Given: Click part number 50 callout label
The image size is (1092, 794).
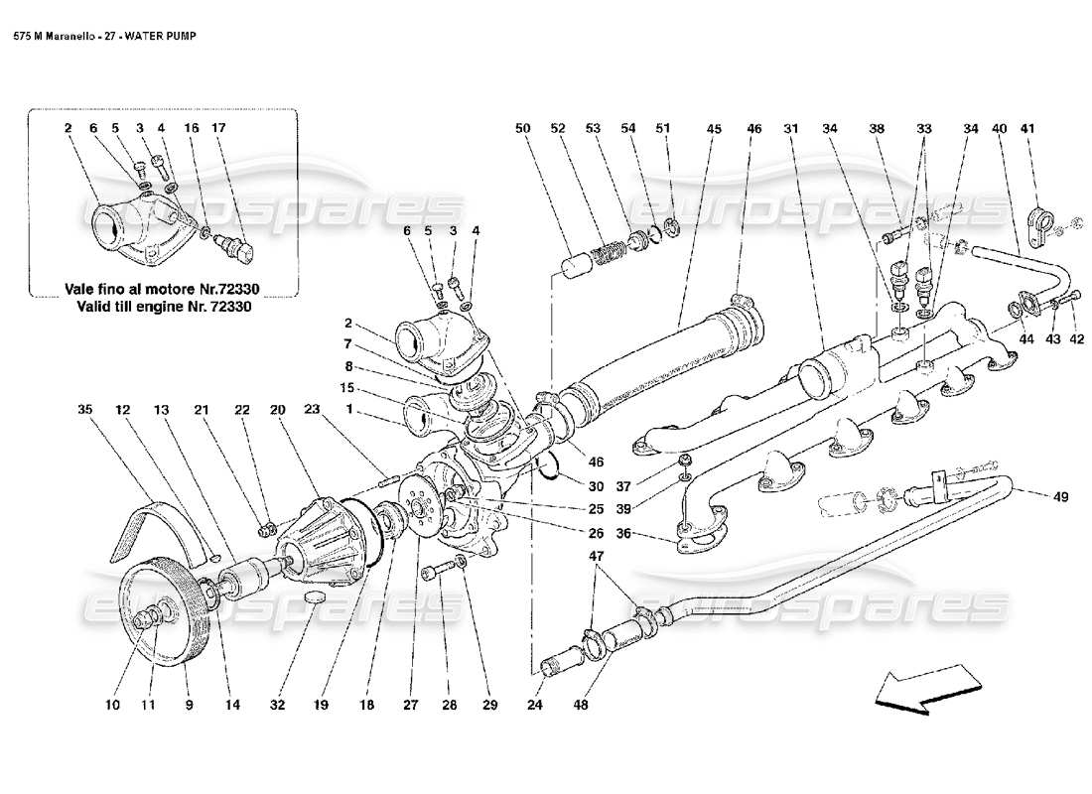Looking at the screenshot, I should [523, 128].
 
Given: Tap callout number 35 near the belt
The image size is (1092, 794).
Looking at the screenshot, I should [85, 409].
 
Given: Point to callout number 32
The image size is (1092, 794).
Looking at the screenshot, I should [278, 707].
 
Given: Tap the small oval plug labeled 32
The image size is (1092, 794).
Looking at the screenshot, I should [316, 597].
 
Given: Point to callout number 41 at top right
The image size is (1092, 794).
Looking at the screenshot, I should [1027, 128].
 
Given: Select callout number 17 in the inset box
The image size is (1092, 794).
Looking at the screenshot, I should [219, 128].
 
